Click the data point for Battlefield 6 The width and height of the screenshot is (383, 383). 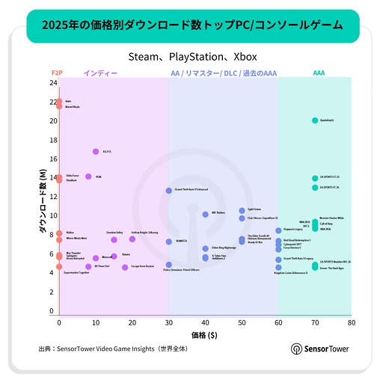coord(315,120)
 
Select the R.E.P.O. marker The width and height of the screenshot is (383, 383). coord(96,152)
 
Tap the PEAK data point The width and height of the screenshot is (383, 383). coord(88,177)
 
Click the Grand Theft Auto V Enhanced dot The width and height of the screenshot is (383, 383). coord(169,191)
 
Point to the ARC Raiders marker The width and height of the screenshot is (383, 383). coord(205,215)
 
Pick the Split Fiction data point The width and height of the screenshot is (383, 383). coord(242,211)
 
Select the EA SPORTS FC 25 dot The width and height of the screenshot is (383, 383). coord(315,179)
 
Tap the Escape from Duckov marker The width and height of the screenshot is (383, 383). coord(125,267)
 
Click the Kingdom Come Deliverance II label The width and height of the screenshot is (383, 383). coord(290,273)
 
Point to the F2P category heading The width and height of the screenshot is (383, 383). coord(56,73)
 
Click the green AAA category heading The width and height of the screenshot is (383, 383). coord(319,73)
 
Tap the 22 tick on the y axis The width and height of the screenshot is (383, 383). coord(53,102)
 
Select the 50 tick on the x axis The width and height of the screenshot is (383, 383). coord(242,324)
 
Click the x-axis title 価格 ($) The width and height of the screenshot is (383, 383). coord(205,335)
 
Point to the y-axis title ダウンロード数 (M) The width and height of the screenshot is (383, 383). coord(43,203)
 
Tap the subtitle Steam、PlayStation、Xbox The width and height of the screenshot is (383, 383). coord(191,56)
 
